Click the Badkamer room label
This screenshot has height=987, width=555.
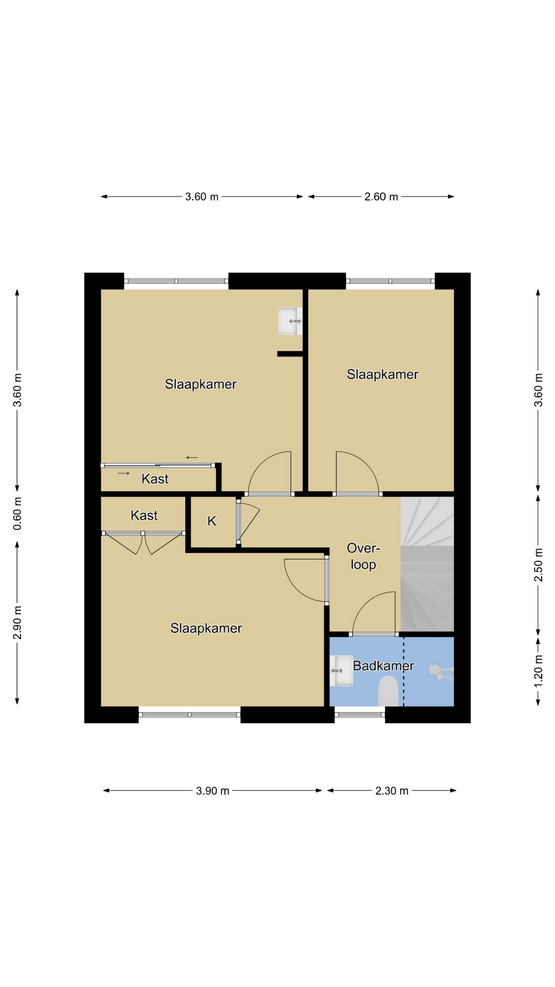[x=383, y=666]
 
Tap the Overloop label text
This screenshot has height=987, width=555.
[x=363, y=556]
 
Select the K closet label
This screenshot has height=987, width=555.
[x=212, y=521]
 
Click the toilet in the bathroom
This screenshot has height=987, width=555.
[x=388, y=691]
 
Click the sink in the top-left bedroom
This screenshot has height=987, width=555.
[x=290, y=321]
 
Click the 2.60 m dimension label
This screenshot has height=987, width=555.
[x=381, y=196]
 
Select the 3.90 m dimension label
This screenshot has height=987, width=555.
[x=213, y=791]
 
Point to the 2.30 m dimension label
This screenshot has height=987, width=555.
[x=392, y=791]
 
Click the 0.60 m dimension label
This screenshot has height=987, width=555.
[x=17, y=514]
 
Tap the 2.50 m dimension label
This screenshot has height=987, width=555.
[x=538, y=565]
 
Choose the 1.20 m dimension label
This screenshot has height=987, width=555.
[x=538, y=670]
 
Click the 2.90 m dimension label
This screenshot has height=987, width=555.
[x=17, y=623]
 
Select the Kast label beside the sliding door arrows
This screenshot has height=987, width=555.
[x=155, y=479]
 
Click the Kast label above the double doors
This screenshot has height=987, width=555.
[x=144, y=516]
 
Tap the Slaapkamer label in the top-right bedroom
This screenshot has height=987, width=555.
[x=382, y=374]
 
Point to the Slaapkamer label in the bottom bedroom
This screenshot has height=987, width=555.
[x=206, y=628]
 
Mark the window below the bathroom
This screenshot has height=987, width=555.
[x=360, y=715]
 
